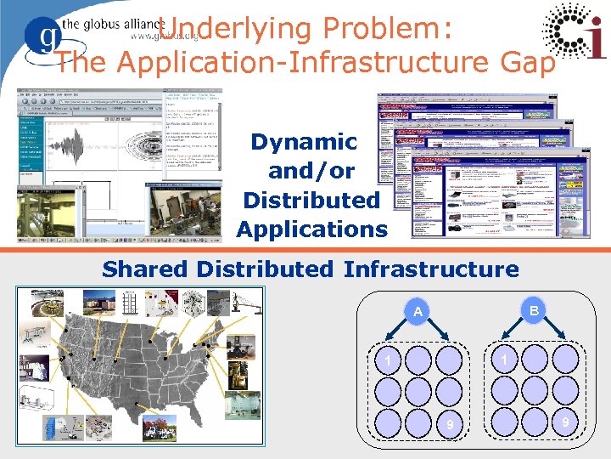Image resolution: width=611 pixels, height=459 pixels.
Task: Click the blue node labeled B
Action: pyautogui.click(x=533, y=312)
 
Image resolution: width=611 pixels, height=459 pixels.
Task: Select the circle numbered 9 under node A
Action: pyautogui.click(x=451, y=423)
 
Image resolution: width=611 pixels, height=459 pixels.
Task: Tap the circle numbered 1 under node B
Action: pyautogui.click(x=504, y=360)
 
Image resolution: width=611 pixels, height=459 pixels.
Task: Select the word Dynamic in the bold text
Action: pyautogui.click(x=304, y=142)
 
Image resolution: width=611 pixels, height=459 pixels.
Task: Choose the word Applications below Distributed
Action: pyautogui.click(x=311, y=229)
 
